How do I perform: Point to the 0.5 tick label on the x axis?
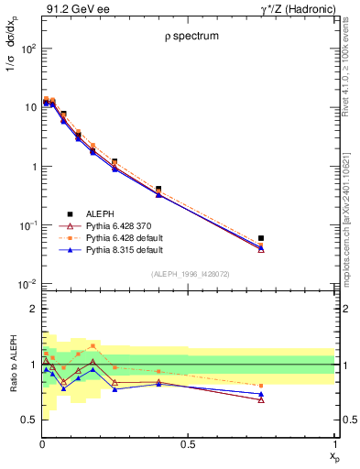[188, 444]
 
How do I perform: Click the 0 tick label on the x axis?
[42, 444]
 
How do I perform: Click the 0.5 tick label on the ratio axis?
[29, 420]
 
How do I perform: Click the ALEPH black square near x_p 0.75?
[261, 238]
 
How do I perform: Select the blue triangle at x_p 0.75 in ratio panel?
[261, 394]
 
